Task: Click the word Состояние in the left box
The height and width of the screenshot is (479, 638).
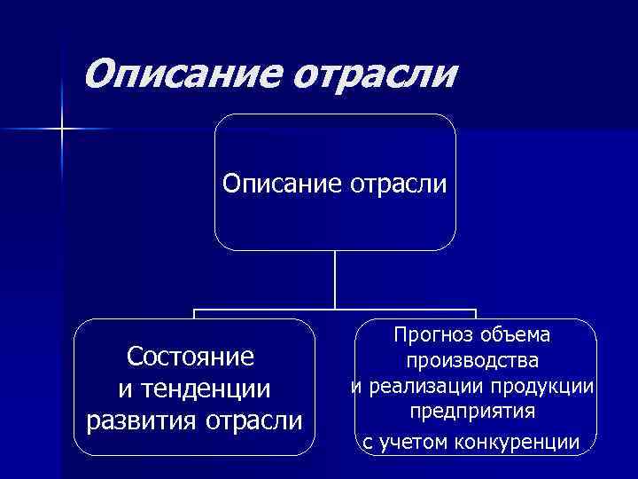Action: pyautogui.click(x=191, y=357)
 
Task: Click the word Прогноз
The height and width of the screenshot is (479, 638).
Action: pyautogui.click(x=433, y=334)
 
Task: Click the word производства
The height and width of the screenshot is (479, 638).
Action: pyautogui.click(x=474, y=361)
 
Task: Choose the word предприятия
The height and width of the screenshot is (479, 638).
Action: pyautogui.click(x=474, y=412)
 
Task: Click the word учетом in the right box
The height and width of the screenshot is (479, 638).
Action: pyautogui.click(x=420, y=441)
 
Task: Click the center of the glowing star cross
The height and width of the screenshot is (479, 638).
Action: pyautogui.click(x=63, y=130)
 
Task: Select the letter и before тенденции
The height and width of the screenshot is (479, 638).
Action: pyautogui.click(x=124, y=389)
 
